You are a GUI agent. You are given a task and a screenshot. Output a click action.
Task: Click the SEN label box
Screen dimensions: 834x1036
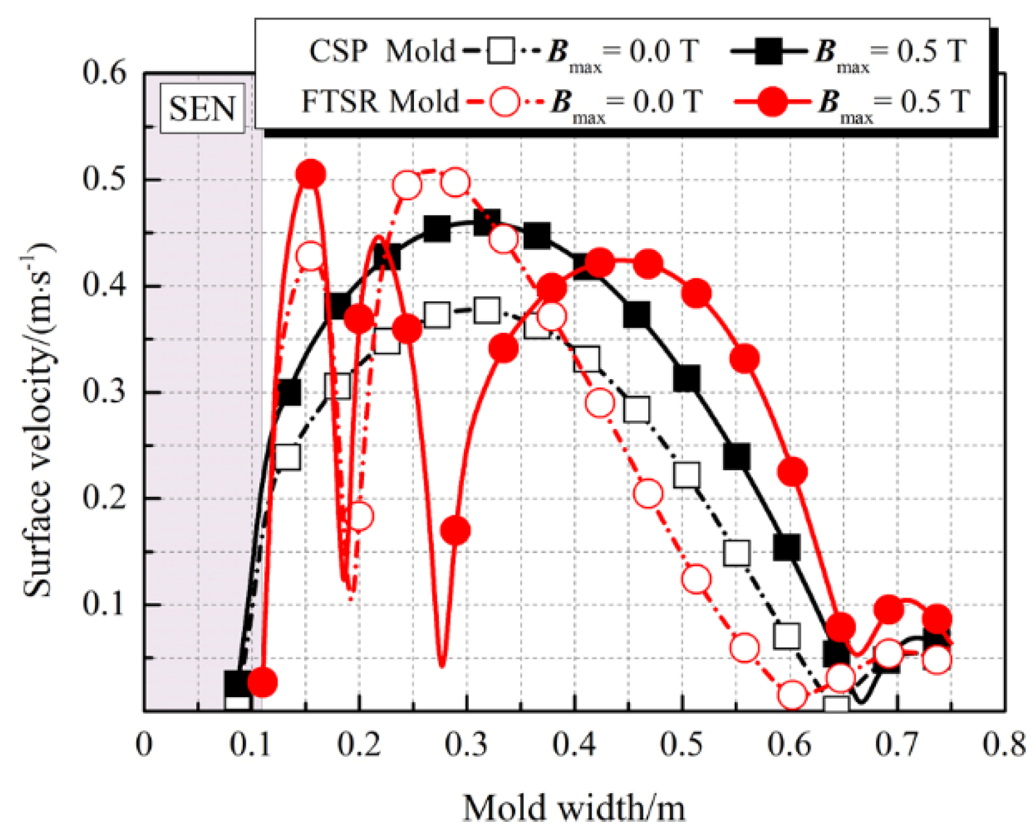pyautogui.click(x=202, y=109)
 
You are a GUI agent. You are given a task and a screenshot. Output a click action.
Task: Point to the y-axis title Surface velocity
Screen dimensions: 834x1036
pyautogui.click(x=38, y=420)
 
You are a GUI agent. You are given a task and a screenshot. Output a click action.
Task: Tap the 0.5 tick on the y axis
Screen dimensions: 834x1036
pyautogui.click(x=105, y=179)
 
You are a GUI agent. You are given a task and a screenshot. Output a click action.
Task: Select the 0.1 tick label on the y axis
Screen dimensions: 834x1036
pyautogui.click(x=105, y=605)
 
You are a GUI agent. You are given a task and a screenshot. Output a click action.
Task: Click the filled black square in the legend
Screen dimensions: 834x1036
pyautogui.click(x=768, y=51)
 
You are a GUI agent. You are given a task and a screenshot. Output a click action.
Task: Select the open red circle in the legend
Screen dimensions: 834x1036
pyautogui.click(x=505, y=101)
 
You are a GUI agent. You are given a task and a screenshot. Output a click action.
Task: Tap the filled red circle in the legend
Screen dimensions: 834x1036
pyautogui.click(x=772, y=101)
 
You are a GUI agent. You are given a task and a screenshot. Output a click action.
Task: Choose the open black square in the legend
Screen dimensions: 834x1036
pyautogui.click(x=502, y=51)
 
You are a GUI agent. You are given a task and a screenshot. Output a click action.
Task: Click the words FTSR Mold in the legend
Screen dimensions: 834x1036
pyautogui.click(x=380, y=101)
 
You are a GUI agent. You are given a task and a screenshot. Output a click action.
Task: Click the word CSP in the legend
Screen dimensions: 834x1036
pyautogui.click(x=338, y=51)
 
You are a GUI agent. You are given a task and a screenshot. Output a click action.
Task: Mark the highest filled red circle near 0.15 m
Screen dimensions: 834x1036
pyautogui.click(x=311, y=175)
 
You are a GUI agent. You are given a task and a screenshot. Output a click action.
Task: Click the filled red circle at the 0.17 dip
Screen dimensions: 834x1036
pyautogui.click(x=455, y=530)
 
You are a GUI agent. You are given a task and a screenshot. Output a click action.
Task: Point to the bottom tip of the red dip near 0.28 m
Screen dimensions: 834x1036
pyautogui.click(x=442, y=665)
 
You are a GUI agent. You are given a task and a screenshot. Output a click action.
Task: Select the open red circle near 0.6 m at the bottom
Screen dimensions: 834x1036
pyautogui.click(x=793, y=695)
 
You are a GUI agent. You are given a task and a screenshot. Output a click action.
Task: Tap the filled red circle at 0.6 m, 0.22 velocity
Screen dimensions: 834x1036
pyautogui.click(x=793, y=471)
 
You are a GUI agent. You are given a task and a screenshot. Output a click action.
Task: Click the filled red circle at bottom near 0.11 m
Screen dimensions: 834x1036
pyautogui.click(x=262, y=682)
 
